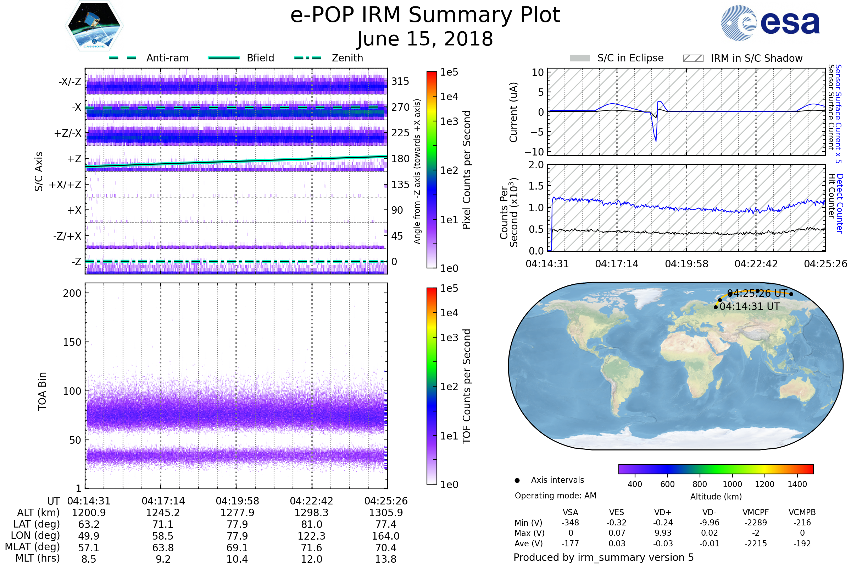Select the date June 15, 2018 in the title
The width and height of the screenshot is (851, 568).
(x=425, y=39)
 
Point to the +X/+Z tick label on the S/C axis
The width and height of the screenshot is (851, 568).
(x=65, y=185)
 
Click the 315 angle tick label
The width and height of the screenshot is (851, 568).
(x=400, y=81)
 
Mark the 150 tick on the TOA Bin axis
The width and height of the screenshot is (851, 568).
(x=72, y=342)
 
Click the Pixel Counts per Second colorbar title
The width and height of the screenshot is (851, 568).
(x=467, y=170)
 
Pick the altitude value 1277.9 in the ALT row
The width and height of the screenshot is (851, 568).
(x=237, y=513)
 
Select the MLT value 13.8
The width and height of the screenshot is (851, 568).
(x=386, y=559)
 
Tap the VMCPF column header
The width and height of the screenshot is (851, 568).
(x=756, y=512)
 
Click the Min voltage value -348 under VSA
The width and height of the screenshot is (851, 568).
(x=570, y=522)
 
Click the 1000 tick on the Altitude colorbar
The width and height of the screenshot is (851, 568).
(x=732, y=484)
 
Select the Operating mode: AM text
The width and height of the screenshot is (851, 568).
(x=555, y=496)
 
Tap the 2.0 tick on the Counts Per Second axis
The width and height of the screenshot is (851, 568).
(x=536, y=165)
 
